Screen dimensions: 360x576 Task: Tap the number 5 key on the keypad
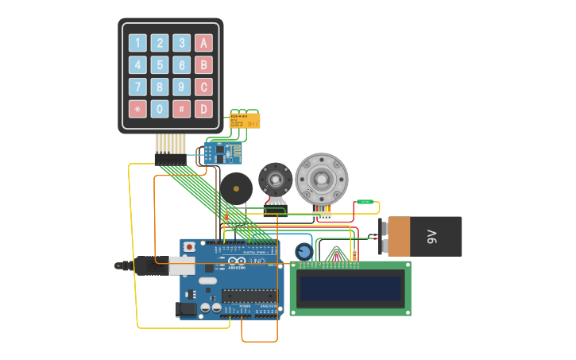tap(160, 65)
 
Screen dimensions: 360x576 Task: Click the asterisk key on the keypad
tap(137, 109)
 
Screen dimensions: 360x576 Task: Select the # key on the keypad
tap(182, 109)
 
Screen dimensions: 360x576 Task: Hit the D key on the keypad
tap(204, 109)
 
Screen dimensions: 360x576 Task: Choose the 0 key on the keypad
tap(160, 109)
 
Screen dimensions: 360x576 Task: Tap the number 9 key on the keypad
tap(182, 87)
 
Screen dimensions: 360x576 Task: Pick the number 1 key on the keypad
tap(137, 43)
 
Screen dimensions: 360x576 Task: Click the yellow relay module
tap(244, 121)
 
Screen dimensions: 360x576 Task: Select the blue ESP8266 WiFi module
tap(223, 152)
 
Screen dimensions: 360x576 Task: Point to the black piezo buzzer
tap(236, 188)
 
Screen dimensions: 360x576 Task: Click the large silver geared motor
tap(322, 179)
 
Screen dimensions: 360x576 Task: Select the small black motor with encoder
tap(276, 178)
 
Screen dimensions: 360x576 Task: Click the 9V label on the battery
tap(432, 236)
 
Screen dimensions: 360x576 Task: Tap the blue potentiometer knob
tap(303, 252)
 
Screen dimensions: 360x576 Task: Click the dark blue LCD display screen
tap(350, 288)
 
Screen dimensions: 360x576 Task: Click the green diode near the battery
tap(365, 202)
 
